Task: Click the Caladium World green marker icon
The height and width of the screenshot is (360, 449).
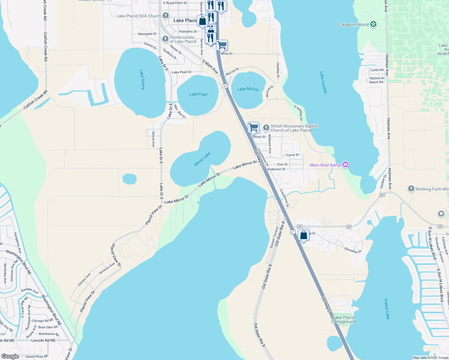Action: click(373, 24)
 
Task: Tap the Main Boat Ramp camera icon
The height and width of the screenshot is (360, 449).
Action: click(345, 164)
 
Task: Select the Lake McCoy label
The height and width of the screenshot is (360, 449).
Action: click(248, 89)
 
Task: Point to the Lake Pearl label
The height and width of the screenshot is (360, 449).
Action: click(198, 94)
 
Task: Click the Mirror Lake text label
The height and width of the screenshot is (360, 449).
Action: click(202, 159)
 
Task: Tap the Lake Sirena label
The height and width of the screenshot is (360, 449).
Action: click(142, 79)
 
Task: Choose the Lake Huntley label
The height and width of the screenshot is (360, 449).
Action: click(323, 82)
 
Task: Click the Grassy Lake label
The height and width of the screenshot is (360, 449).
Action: click(387, 309)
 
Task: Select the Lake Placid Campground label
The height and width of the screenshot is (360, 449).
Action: click(343, 319)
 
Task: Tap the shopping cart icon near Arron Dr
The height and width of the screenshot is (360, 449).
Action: click(222, 45)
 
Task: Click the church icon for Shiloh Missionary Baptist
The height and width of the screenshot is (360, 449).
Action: click(266, 128)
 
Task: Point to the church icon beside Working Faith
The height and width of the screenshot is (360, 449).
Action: click(411, 189)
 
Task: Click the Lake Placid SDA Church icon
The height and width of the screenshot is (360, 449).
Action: click(166, 16)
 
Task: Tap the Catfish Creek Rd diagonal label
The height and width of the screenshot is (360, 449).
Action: click(35, 100)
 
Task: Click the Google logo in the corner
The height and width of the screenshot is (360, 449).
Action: click(10, 356)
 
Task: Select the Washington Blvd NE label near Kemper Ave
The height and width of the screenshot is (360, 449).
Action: click(51, 310)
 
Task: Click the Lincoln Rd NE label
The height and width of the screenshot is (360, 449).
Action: click(43, 340)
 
